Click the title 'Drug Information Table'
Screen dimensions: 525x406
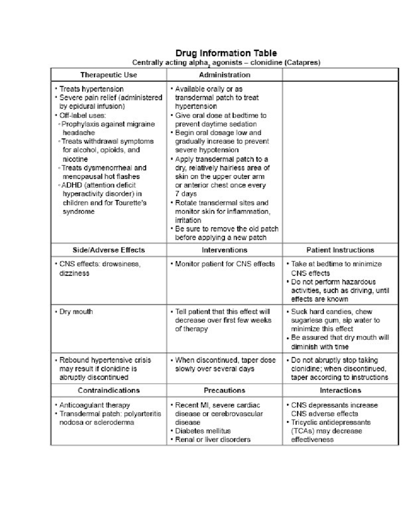point(226,53)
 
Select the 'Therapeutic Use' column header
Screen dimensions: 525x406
point(109,75)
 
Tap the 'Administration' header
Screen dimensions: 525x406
point(225,75)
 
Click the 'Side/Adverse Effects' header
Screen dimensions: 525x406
point(109,250)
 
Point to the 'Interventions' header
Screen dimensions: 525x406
point(225,250)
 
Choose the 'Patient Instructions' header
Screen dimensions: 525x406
point(340,250)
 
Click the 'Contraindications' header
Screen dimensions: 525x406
point(109,390)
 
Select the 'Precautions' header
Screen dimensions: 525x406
point(225,390)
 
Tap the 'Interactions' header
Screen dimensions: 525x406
point(340,390)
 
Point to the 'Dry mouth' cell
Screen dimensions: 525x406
point(76,311)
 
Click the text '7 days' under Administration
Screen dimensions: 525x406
point(186,194)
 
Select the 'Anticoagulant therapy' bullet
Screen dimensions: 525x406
point(94,405)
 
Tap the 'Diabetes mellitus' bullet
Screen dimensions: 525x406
point(203,431)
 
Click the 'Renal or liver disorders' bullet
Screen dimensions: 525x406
point(212,439)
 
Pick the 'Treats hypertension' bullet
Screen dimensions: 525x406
point(91,89)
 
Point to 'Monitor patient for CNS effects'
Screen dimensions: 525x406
point(225,264)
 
